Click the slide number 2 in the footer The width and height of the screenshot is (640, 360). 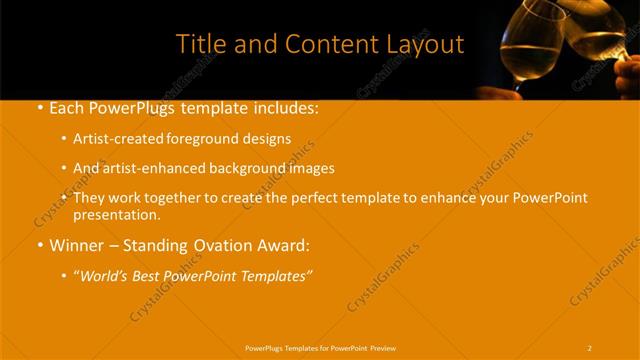tap(590, 347)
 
